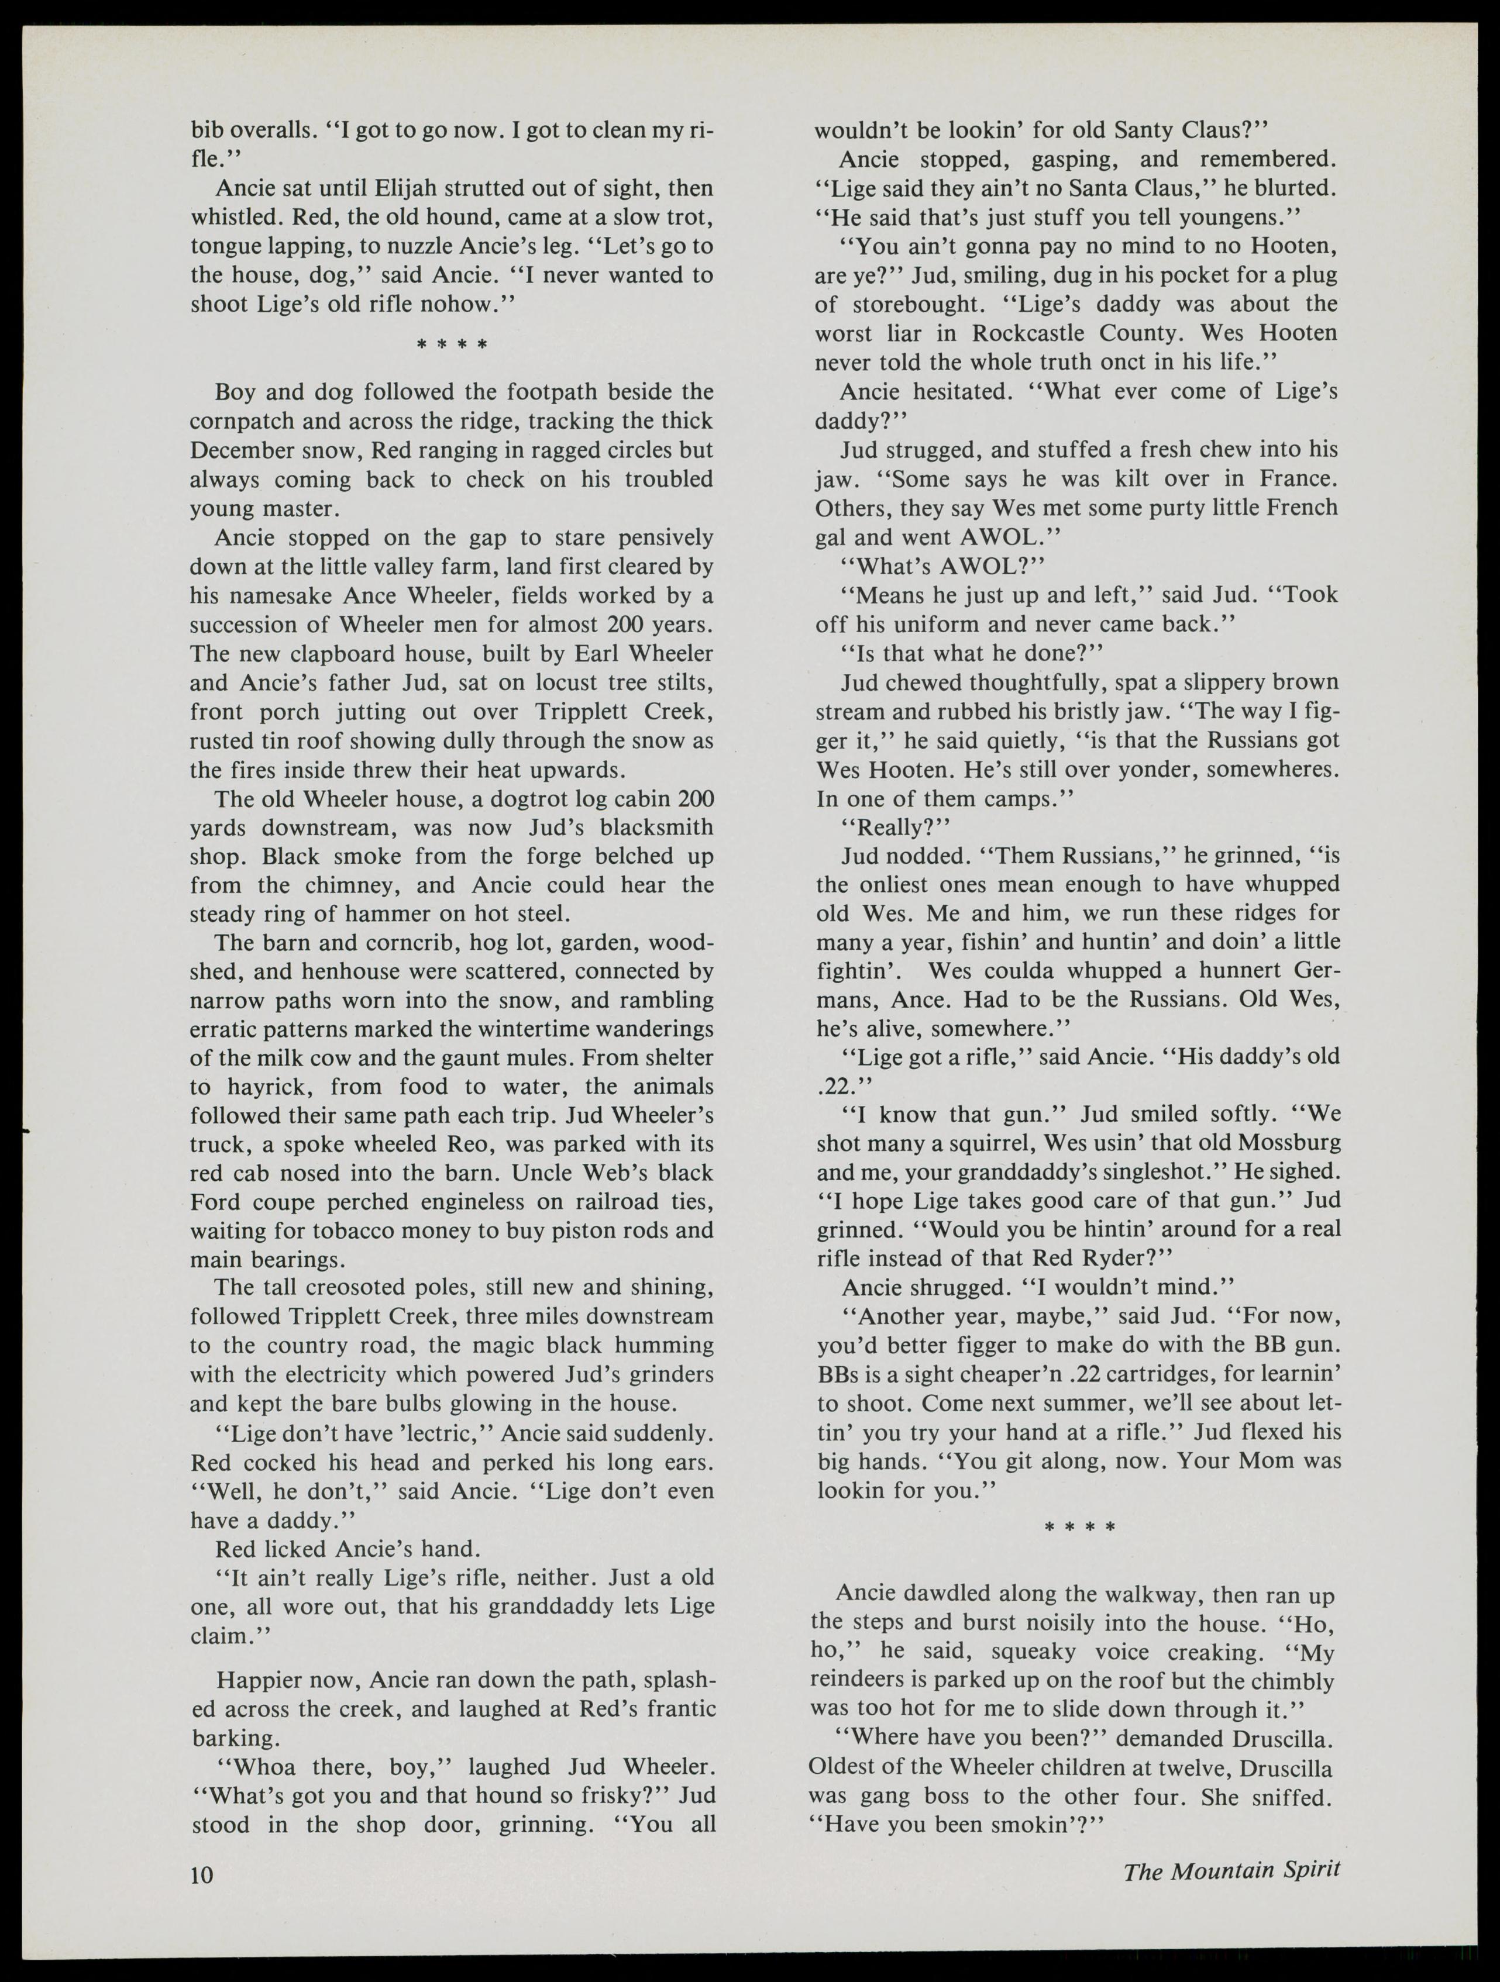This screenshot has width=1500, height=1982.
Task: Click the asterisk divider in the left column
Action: coord(452,344)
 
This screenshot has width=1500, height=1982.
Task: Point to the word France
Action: coord(1294,478)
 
